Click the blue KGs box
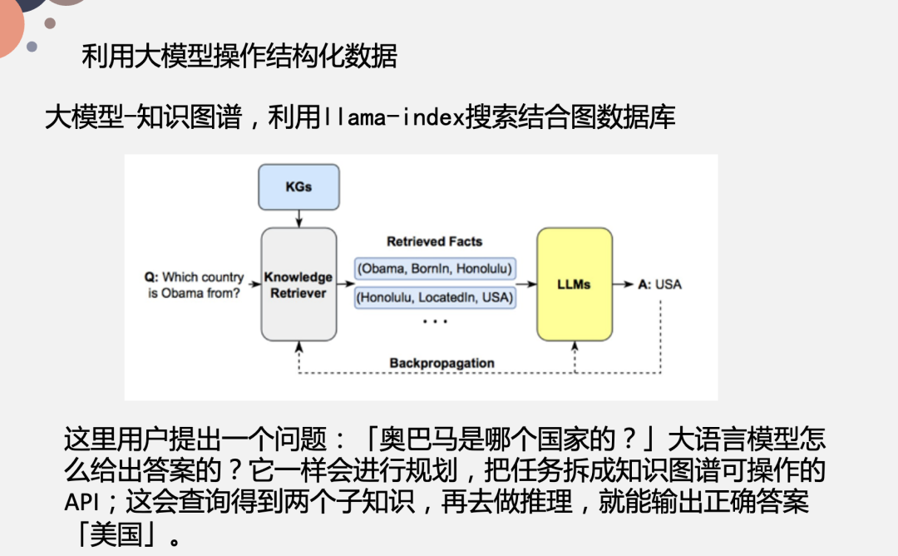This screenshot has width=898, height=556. pyautogui.click(x=299, y=186)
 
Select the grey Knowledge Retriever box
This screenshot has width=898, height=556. pyautogui.click(x=299, y=284)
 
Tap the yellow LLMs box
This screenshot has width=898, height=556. pyautogui.click(x=574, y=284)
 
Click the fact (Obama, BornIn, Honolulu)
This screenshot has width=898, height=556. pyautogui.click(x=434, y=268)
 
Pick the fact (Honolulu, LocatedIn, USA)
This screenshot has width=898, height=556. pyautogui.click(x=434, y=296)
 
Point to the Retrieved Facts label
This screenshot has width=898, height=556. pyautogui.click(x=434, y=241)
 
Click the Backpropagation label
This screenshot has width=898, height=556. pyautogui.click(x=442, y=363)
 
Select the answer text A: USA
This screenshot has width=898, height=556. pyautogui.click(x=659, y=284)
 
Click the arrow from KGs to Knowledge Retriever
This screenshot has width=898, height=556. pyautogui.click(x=299, y=218)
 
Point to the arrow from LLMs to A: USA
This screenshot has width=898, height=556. pyautogui.click(x=623, y=284)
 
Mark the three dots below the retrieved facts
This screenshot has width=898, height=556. pyautogui.click(x=434, y=320)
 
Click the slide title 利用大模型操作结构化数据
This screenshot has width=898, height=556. pyautogui.click(x=239, y=56)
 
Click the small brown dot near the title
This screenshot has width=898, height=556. pyautogui.click(x=50, y=23)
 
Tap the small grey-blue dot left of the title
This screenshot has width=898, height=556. pyautogui.click(x=32, y=47)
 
